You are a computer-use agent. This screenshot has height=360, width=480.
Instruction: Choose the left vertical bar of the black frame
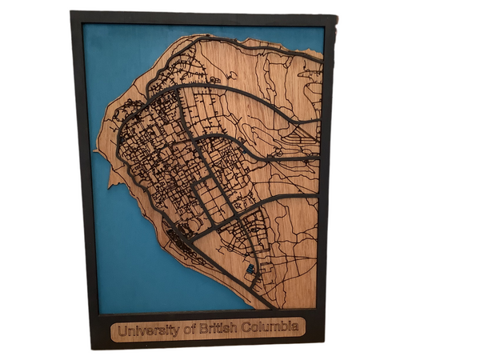pos(84,176)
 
